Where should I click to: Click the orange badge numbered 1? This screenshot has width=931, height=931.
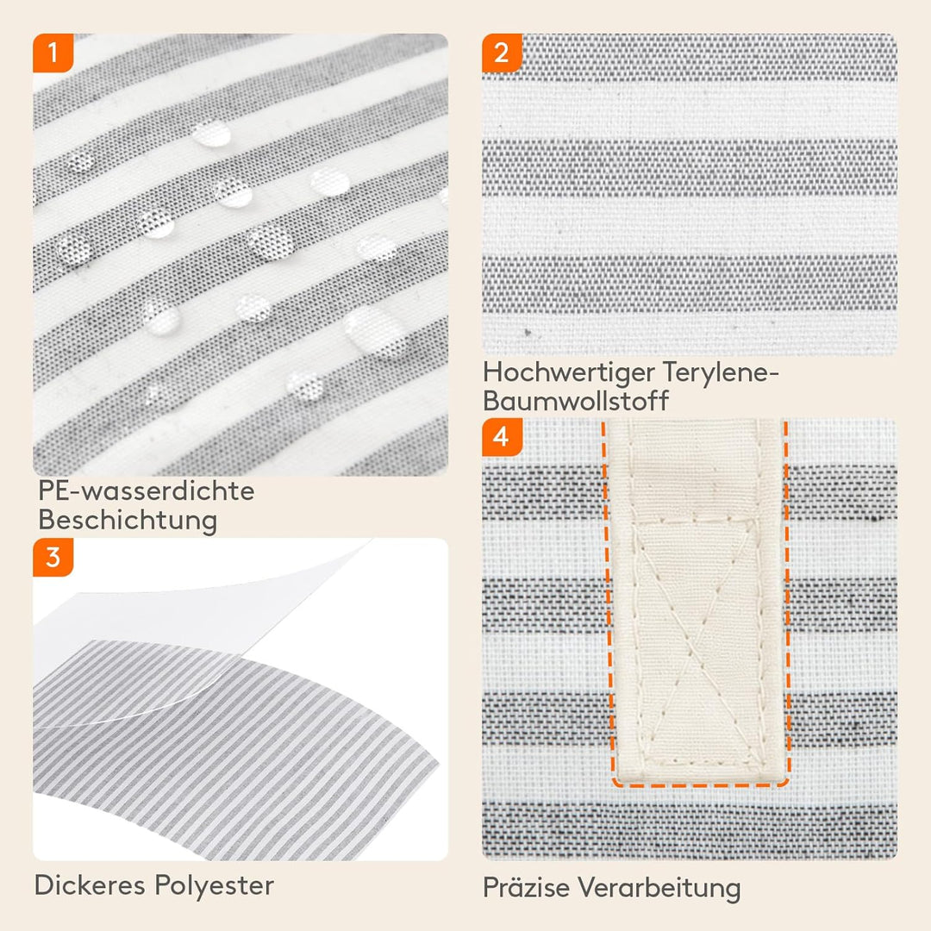53,53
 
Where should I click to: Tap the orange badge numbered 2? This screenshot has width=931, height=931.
502,53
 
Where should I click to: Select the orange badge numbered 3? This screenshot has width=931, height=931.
53,557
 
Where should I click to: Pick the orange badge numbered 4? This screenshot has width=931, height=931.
502,437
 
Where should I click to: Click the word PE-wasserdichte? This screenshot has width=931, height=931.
146,491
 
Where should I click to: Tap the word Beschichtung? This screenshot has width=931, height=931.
128,521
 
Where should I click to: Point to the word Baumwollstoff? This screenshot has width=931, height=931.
575,401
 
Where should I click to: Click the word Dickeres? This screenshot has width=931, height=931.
90,885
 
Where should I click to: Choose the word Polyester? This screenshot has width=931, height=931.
215,886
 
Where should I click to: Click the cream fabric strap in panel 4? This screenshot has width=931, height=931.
696,600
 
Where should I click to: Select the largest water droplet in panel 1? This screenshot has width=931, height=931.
375,331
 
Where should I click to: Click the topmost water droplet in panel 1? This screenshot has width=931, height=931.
211,134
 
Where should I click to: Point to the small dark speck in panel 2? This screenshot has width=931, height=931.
528,332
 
